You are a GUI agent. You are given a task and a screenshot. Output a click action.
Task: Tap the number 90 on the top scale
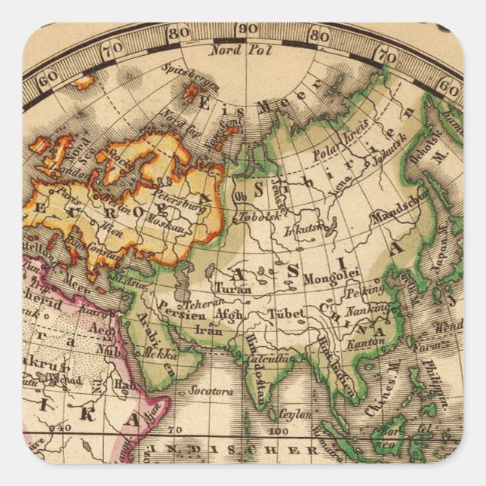pos(246,29)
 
